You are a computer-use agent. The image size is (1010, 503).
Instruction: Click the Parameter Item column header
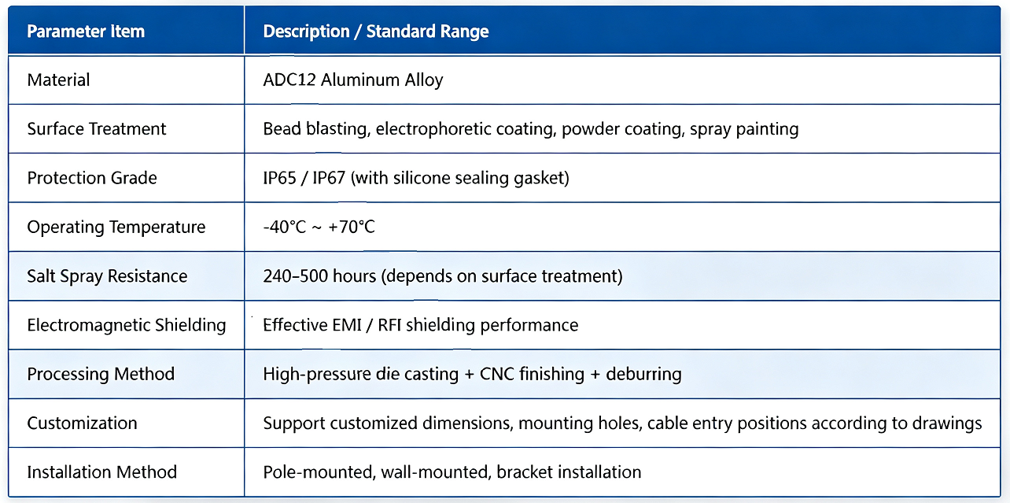[86, 31]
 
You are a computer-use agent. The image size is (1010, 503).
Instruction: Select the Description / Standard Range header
[375, 31]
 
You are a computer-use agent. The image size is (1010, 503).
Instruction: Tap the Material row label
[58, 80]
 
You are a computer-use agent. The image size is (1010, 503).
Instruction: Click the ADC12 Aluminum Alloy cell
[352, 80]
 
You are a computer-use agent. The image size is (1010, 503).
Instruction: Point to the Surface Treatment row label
[97, 129]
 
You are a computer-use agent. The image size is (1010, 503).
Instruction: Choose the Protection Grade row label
[92, 178]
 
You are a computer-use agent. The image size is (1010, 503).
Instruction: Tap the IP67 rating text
[329, 178]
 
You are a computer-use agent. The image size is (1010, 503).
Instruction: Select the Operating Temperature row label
[116, 227]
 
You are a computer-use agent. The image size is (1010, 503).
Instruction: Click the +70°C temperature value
[352, 227]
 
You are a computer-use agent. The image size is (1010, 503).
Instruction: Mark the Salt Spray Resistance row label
[107, 276]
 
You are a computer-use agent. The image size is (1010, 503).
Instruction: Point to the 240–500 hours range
[319, 276]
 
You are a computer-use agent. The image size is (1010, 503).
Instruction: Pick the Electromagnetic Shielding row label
[126, 325]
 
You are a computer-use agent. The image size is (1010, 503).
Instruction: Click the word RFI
[389, 325]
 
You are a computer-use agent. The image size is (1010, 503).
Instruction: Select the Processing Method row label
[101, 374]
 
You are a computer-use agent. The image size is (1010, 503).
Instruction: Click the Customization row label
[82, 423]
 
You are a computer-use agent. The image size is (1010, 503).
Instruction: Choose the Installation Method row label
[102, 472]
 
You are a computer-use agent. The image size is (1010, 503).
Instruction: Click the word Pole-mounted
[319, 472]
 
